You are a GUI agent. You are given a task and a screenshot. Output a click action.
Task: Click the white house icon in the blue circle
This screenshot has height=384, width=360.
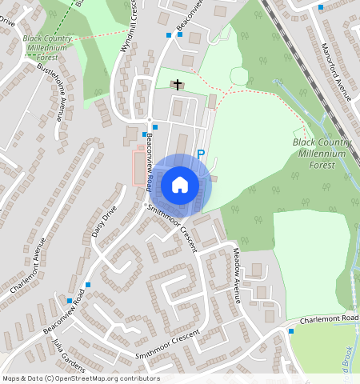[x=180, y=185]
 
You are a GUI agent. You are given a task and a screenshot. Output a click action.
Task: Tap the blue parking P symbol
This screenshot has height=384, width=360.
[x=201, y=154]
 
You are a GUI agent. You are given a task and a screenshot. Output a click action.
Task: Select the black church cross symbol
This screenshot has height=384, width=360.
[x=177, y=83]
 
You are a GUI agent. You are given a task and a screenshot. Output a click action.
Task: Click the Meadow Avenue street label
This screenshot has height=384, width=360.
[x=237, y=273]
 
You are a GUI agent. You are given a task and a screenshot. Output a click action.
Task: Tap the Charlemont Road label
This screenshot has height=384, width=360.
[x=330, y=319]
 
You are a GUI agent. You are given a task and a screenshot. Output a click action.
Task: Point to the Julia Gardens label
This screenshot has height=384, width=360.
[x=70, y=354]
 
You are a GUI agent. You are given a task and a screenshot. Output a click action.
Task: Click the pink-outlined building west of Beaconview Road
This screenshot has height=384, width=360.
[x=139, y=168]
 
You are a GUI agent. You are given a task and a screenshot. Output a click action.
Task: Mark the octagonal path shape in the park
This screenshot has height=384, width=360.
[x=239, y=76]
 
